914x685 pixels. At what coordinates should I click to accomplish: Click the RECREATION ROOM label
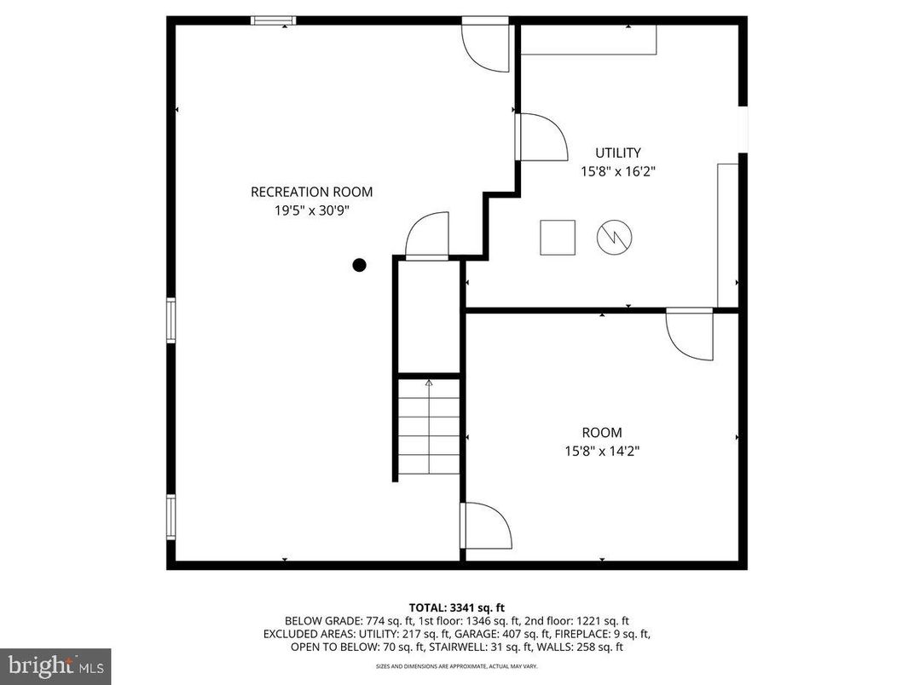click(x=311, y=192)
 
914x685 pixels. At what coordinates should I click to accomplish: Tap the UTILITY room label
click(x=618, y=153)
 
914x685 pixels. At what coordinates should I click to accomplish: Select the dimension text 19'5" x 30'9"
click(x=311, y=210)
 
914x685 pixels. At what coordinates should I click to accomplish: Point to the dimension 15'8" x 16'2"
click(x=618, y=171)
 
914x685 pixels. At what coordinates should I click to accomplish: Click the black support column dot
click(x=360, y=265)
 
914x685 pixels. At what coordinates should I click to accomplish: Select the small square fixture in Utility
click(x=558, y=237)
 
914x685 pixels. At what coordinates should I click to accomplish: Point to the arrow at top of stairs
click(x=429, y=383)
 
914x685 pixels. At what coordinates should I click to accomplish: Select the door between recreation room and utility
click(x=539, y=137)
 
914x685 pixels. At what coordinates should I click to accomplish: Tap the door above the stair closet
click(x=427, y=236)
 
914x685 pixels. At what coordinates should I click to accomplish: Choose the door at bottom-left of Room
click(x=483, y=526)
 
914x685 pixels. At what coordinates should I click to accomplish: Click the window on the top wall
click(x=274, y=20)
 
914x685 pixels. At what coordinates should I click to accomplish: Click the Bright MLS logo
click(x=55, y=664)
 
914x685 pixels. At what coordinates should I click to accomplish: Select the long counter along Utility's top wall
click(x=588, y=40)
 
